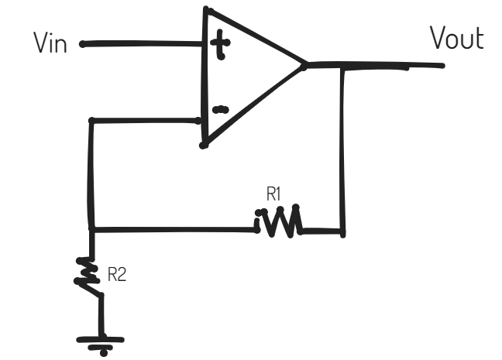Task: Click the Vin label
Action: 50,43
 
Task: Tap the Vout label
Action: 457,38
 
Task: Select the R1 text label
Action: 273,194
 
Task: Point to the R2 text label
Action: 117,274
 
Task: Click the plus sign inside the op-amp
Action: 220,44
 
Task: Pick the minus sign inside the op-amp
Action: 221,110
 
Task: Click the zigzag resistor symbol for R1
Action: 278,221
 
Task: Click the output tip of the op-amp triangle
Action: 304,66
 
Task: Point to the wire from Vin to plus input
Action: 143,43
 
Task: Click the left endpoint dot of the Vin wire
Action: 83,44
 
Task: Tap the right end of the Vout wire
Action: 442,66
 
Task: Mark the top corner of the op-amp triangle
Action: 207,9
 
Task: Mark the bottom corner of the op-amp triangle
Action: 204,146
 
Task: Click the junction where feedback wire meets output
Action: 342,67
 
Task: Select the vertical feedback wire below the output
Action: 342,150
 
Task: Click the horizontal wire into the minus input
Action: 146,121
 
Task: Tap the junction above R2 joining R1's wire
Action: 91,229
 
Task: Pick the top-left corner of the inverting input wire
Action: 91,121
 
